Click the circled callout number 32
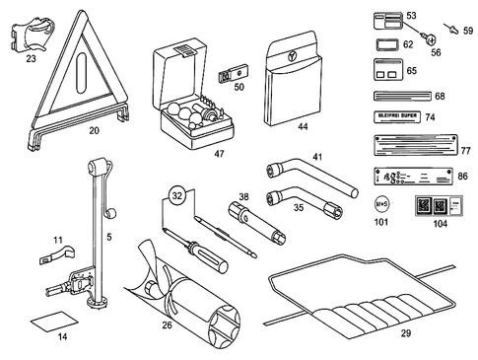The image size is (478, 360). [176, 195]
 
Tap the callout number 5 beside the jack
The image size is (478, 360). [108, 237]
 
